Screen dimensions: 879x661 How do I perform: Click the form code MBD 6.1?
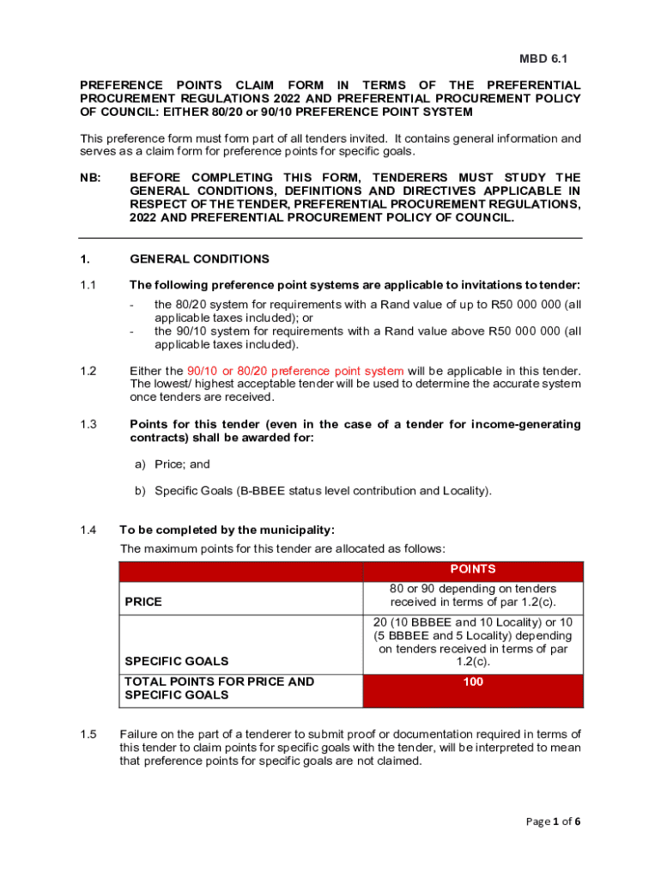[x=543, y=59]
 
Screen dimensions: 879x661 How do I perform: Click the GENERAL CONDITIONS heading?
[x=199, y=259]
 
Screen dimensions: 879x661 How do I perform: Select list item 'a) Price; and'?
[x=182, y=464]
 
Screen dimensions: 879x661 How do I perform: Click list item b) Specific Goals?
[x=323, y=491]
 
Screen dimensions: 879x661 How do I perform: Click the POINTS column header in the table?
[x=472, y=569]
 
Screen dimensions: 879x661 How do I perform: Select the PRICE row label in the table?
[x=143, y=602]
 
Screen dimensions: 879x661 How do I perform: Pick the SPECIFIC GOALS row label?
[x=177, y=662]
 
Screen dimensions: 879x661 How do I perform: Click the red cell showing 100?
[x=472, y=682]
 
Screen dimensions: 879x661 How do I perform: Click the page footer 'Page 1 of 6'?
[x=554, y=821]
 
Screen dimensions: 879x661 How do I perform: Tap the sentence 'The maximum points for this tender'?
[x=282, y=549]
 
